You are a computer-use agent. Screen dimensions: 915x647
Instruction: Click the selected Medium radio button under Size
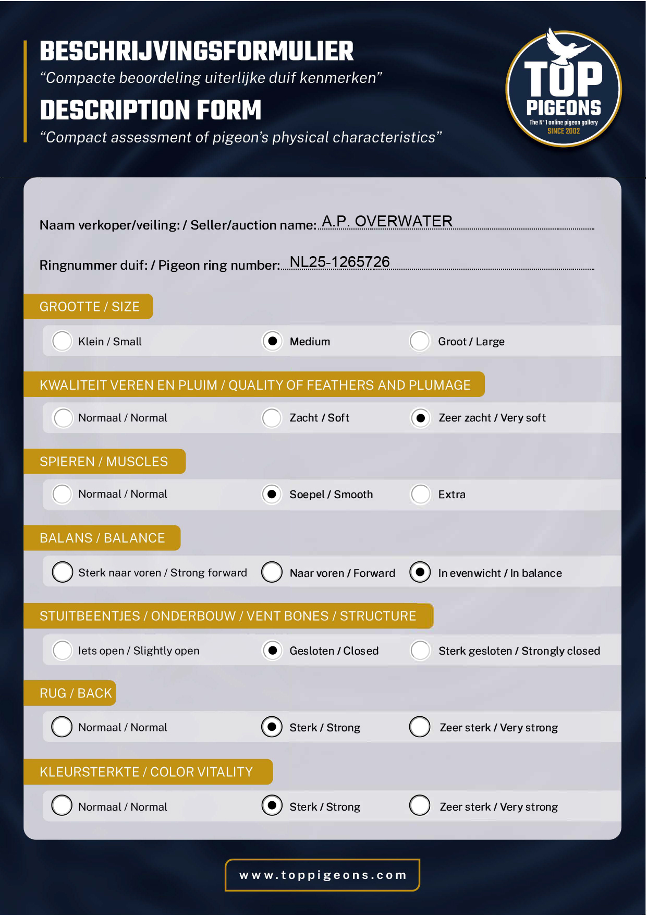(x=272, y=341)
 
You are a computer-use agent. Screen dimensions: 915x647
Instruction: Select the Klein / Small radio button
(x=62, y=341)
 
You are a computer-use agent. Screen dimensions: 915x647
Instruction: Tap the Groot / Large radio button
(x=420, y=341)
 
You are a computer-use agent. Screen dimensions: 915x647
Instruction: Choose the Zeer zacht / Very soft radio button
(x=420, y=418)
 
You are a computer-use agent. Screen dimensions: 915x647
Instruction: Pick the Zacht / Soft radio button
(x=272, y=418)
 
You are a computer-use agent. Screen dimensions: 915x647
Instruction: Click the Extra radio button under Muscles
(x=420, y=494)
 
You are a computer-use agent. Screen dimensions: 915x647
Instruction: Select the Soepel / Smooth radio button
(x=272, y=494)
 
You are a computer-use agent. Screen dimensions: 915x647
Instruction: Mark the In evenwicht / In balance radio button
(x=420, y=572)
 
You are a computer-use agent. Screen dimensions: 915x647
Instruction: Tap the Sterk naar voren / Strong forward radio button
(x=63, y=572)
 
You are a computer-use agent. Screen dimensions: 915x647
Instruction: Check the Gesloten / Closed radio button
(x=272, y=651)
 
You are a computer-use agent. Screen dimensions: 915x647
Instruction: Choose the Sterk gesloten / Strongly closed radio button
(x=420, y=651)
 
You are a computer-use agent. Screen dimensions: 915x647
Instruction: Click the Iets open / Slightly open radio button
(x=63, y=651)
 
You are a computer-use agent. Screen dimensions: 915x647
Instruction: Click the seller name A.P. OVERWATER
(x=387, y=221)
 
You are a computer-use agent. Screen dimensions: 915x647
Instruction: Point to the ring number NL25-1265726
(x=339, y=262)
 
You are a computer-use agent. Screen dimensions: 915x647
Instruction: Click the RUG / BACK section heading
(x=76, y=693)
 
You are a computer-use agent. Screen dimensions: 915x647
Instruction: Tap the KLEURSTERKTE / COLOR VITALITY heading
(x=146, y=772)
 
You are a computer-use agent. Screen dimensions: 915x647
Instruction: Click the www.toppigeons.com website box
(x=322, y=875)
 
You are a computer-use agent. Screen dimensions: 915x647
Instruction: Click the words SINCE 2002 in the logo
(x=564, y=131)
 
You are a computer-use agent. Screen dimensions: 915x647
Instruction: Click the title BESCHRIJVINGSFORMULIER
(x=197, y=51)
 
